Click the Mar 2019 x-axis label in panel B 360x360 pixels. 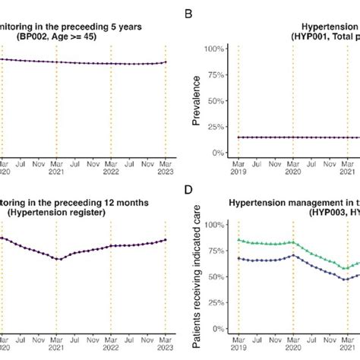click(238, 167)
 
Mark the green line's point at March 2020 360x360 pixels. click(292, 242)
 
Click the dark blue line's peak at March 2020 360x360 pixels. click(292, 255)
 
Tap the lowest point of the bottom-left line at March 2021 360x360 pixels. click(57, 259)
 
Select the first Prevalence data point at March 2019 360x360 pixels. click(238, 137)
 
